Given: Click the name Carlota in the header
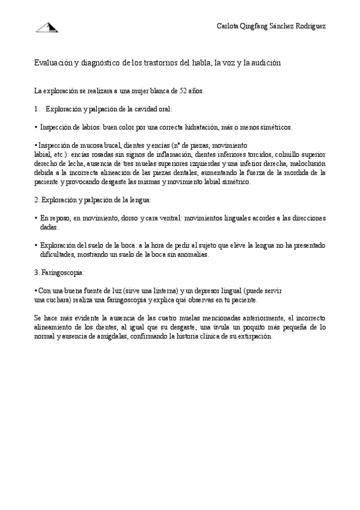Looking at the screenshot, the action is click(x=227, y=26).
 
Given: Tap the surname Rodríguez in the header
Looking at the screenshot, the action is click(x=309, y=26).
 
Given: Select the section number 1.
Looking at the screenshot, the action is click(x=37, y=109).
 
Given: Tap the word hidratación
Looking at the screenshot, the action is click(x=209, y=127).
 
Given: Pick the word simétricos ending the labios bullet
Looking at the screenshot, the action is click(x=274, y=127).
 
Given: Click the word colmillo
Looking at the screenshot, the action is click(x=288, y=154).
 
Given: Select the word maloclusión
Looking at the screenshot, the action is click(x=308, y=163).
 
